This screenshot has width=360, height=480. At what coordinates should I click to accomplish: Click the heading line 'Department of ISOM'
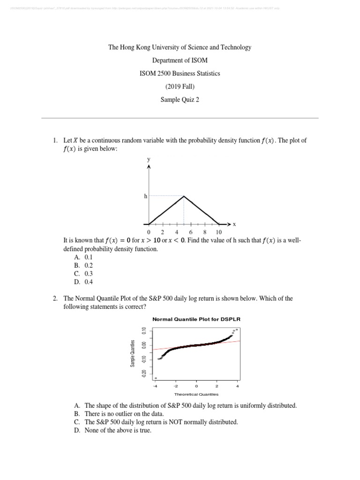coord(180,60)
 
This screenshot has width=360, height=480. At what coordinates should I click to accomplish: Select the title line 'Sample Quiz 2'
coord(180,100)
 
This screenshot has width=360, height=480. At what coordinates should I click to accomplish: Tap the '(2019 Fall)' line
coord(180,87)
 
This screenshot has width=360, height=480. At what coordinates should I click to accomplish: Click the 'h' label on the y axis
coord(145,196)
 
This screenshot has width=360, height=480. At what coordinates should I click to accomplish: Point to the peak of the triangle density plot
coord(184,196)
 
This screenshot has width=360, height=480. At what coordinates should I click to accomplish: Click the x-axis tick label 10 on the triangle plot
coord(219,232)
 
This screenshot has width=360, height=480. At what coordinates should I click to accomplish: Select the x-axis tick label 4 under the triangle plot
coord(177,232)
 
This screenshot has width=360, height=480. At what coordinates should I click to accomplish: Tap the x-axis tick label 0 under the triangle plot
coord(149,232)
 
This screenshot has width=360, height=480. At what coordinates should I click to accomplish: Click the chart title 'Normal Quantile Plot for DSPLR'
coord(196,319)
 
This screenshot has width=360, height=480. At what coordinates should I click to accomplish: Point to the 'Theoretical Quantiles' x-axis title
coord(196,394)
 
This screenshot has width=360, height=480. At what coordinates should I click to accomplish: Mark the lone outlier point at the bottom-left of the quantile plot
coord(156,378)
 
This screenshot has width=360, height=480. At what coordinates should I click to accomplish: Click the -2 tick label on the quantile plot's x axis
coord(176,386)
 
